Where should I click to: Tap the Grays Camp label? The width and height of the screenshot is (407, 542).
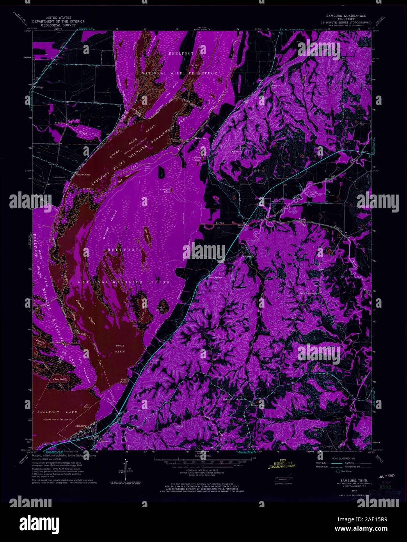pyautogui.click(x=83, y=174)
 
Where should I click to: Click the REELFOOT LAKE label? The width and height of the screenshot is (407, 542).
pyautogui.click(x=55, y=412)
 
